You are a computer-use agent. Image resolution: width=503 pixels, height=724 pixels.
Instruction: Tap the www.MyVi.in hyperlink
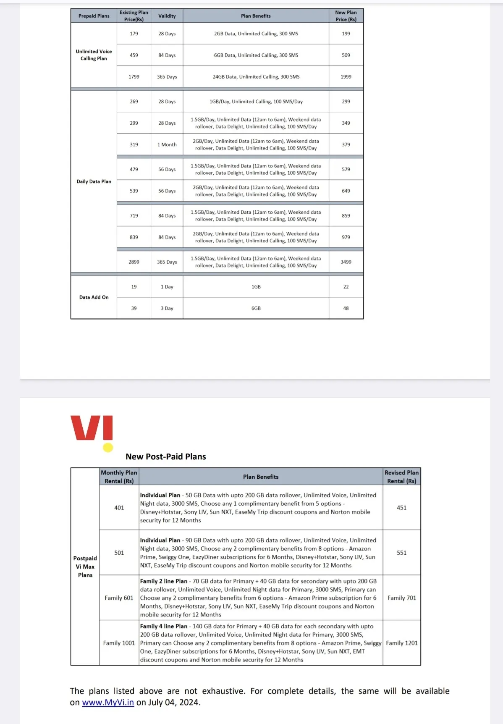tap(108, 702)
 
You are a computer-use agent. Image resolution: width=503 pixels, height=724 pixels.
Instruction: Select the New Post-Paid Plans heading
tap(166, 456)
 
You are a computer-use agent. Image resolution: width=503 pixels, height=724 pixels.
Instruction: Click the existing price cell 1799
tap(134, 77)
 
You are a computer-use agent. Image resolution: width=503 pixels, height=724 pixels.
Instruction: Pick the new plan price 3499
tap(346, 262)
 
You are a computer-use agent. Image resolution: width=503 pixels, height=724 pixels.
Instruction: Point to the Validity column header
tap(167, 16)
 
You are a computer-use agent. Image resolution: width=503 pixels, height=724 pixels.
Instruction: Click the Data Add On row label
tap(94, 297)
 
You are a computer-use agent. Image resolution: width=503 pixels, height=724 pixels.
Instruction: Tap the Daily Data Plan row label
tap(94, 182)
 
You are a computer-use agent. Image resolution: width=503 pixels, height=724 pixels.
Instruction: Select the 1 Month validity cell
tap(167, 145)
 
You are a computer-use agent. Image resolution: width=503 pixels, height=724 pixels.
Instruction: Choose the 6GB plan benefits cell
tap(256, 308)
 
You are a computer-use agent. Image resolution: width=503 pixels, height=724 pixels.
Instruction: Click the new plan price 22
tap(346, 287)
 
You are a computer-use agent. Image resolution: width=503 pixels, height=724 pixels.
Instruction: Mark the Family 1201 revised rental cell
tap(402, 643)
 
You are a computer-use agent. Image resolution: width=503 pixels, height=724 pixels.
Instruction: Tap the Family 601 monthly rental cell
tap(119, 598)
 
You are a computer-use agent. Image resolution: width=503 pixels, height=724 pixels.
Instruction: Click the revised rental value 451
tap(402, 508)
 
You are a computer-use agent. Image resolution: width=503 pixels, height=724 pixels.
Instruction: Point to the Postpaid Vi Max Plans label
tap(85, 567)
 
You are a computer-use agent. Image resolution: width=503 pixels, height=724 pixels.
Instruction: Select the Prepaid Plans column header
tap(94, 16)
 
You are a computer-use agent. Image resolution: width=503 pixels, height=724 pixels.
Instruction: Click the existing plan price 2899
tap(134, 262)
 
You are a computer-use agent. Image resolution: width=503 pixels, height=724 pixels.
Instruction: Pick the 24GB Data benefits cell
tap(256, 77)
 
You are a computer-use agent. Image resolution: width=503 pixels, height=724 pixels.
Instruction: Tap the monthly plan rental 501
tap(119, 553)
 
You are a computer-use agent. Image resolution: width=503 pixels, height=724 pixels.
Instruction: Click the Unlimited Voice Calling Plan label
tap(94, 55)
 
